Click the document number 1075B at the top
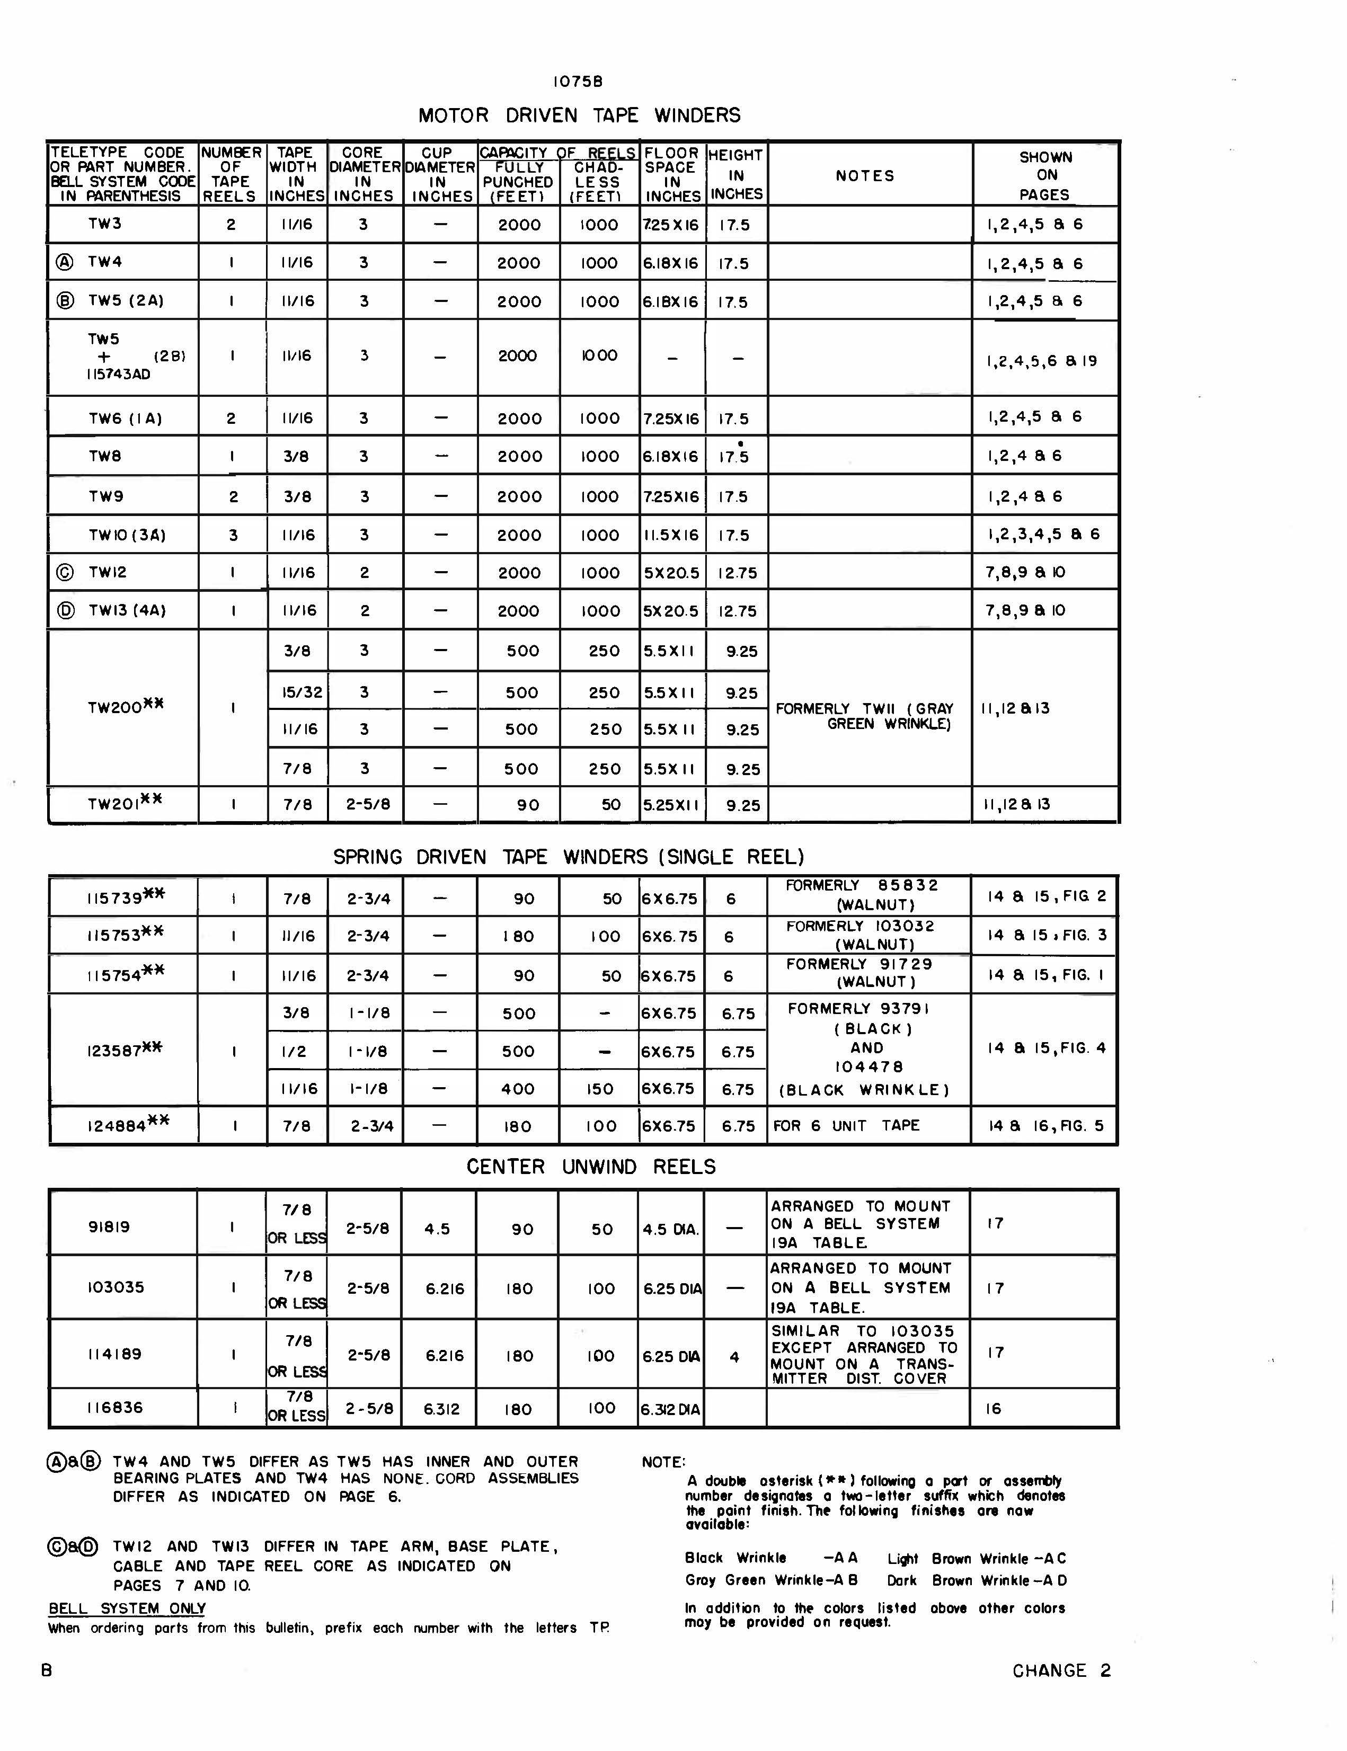coord(577,82)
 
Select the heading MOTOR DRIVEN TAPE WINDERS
coord(579,115)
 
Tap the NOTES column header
coord(864,175)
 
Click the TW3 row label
coord(105,224)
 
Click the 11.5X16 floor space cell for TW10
coord(671,535)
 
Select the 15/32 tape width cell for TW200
coord(297,692)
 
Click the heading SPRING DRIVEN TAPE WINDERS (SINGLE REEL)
coord(569,857)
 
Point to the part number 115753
coord(114,936)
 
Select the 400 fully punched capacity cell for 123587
coord(518,1089)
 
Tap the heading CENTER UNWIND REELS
coord(591,1167)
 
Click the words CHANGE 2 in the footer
coord(1061,1671)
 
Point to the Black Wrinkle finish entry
coord(735,1558)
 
